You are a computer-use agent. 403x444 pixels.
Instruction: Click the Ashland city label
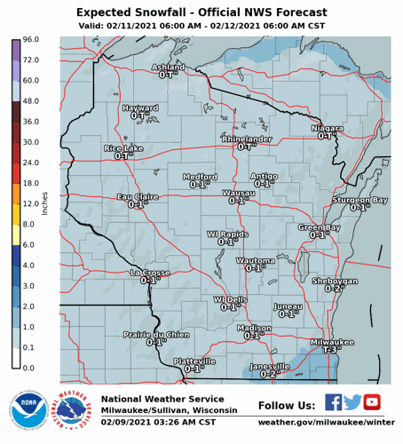coord(169,67)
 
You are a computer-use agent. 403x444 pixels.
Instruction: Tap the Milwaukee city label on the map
coord(332,342)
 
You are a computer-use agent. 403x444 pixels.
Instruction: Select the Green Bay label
coord(319,227)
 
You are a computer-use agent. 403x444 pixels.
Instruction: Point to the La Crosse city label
coord(150,273)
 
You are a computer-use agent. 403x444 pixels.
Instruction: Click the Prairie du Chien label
coord(156,334)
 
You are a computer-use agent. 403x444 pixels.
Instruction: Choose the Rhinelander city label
coord(247,139)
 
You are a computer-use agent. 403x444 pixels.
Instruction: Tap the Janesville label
coord(270,367)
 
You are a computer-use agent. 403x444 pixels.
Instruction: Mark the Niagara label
coord(327,129)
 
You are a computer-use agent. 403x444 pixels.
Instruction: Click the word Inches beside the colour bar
coord(45,203)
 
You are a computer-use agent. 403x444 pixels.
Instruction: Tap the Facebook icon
coord(333,402)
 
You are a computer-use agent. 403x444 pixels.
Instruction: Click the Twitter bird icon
coord(352,402)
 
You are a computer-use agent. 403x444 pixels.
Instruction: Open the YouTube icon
coord(372,402)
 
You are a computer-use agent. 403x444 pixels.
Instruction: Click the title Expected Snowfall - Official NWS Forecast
coord(201,12)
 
